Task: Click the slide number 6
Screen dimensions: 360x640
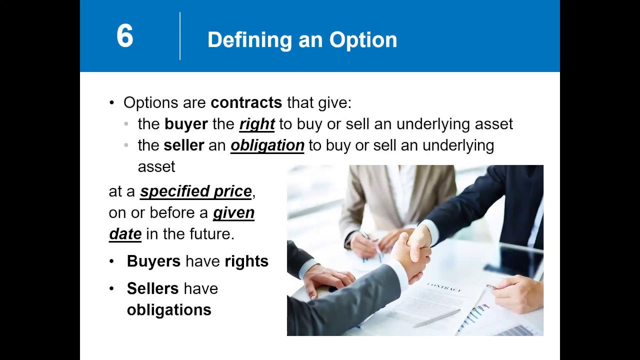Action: (x=124, y=36)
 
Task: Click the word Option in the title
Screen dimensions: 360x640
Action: (x=363, y=40)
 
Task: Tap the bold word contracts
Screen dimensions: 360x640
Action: (x=246, y=102)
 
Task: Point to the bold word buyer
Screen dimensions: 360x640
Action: (x=185, y=124)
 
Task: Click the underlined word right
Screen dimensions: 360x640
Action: (x=257, y=124)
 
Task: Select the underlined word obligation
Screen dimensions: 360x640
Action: (x=267, y=145)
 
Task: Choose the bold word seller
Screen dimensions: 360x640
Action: (x=183, y=145)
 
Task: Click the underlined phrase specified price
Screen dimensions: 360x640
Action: (x=195, y=191)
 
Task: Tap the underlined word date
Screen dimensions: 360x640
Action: (x=125, y=233)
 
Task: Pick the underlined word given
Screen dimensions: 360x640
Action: (x=233, y=212)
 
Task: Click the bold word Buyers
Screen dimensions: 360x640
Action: (x=153, y=261)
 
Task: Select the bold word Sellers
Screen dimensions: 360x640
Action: (x=152, y=288)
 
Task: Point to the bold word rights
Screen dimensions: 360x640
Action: (x=246, y=261)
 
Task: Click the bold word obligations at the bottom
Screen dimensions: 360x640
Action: (x=169, y=309)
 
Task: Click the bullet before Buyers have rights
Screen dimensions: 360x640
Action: (x=112, y=261)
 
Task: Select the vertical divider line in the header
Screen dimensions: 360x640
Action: (x=180, y=36)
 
